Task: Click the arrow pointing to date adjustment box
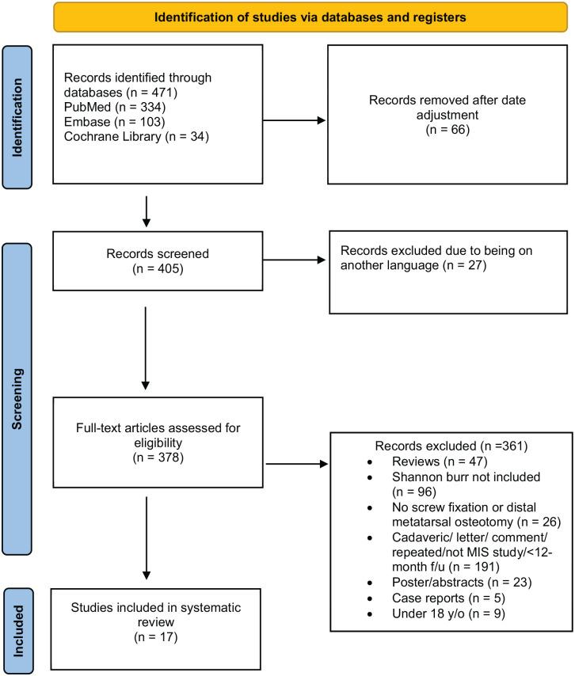click(x=293, y=123)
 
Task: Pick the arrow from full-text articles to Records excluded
click(x=297, y=465)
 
